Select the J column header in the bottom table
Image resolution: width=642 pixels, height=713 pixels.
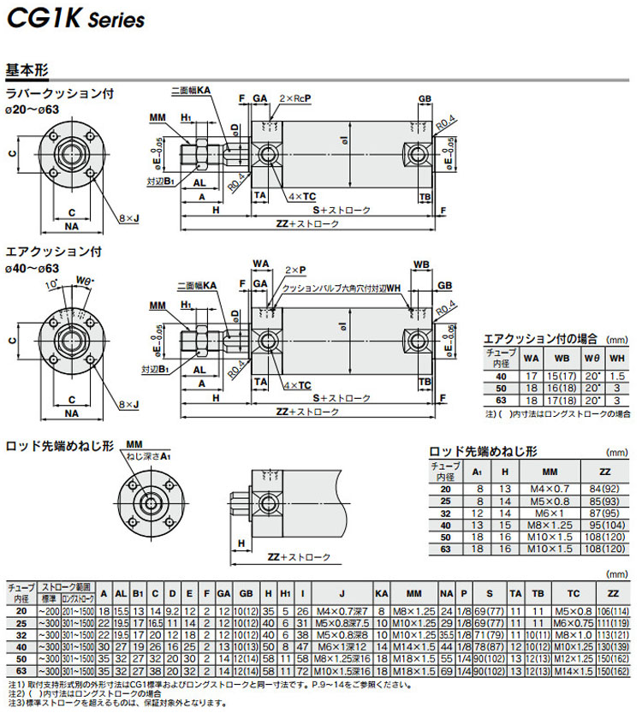point(342,592)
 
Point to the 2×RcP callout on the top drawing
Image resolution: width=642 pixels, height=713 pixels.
point(293,99)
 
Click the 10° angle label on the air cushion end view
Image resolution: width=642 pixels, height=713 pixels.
point(52,283)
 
